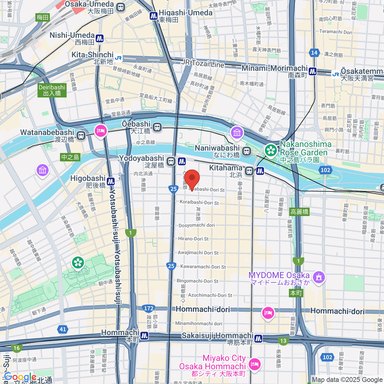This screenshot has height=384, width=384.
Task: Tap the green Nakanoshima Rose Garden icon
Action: (271, 150)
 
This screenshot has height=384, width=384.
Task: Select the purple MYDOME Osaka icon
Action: (319, 277)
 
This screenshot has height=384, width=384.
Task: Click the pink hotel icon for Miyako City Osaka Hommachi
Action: (255, 364)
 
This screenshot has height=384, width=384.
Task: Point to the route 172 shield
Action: (148, 308)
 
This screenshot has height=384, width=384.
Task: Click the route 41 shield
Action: (63, 329)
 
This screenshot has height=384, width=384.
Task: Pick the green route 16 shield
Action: (17, 348)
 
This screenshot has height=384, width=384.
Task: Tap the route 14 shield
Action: (314, 53)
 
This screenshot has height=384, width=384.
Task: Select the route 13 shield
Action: (283, 341)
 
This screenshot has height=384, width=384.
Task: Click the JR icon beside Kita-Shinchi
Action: (118, 58)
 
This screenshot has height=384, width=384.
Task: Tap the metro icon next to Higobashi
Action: (111, 181)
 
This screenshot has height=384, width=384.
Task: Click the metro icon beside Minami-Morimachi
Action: (313, 71)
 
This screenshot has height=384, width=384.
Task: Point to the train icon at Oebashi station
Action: (157, 127)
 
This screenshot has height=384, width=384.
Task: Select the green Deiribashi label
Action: (52, 90)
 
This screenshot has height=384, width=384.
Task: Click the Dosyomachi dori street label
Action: (196, 225)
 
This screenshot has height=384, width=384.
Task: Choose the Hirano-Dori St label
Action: (193, 239)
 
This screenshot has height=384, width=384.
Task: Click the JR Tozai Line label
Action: (203, 63)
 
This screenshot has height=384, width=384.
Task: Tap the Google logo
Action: (20, 377)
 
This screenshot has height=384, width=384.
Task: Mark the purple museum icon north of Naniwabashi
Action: (237, 133)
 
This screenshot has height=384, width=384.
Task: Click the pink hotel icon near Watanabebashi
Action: (100, 131)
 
